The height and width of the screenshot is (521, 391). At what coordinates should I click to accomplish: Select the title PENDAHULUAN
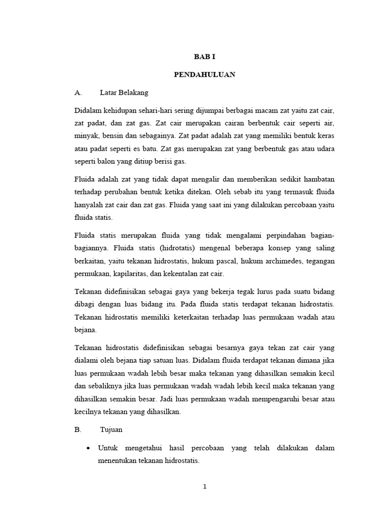pyautogui.click(x=205, y=74)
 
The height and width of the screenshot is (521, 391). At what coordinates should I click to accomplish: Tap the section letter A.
pyautogui.click(x=78, y=92)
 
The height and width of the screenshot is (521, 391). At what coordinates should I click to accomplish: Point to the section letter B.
pyautogui.click(x=78, y=429)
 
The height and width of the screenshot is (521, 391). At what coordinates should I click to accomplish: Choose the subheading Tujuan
pyautogui.click(x=110, y=429)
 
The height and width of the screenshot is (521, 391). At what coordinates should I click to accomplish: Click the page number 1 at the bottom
pyautogui.click(x=205, y=486)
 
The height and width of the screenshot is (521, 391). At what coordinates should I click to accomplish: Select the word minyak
pyautogui.click(x=86, y=137)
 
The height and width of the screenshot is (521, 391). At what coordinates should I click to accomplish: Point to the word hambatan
pyautogui.click(x=317, y=180)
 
